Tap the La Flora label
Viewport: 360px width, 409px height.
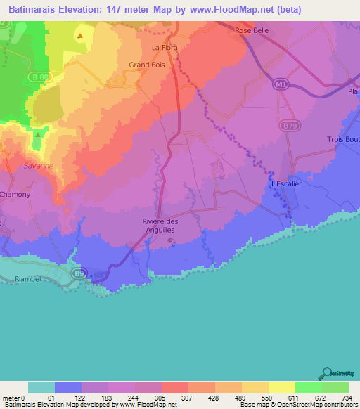pyautogui.click(x=165, y=48)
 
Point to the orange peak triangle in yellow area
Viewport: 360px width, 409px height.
pyautogui.click(x=80, y=35)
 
